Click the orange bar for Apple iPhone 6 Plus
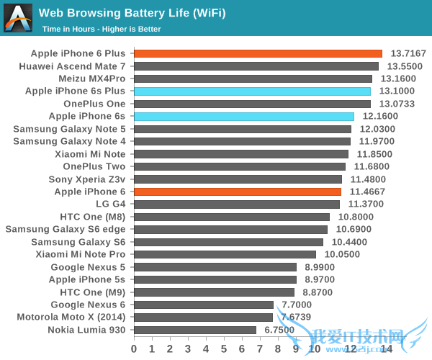[x=258, y=53]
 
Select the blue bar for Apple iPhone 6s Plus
[x=252, y=91]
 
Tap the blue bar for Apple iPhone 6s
[x=244, y=116]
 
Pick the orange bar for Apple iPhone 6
[x=238, y=192]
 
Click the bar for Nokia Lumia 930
[x=195, y=330]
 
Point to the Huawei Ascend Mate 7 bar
[x=256, y=66]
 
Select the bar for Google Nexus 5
[x=215, y=267]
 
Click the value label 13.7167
[x=408, y=53]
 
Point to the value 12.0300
[x=377, y=129]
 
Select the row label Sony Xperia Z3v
[x=86, y=179]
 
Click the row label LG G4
[x=108, y=204]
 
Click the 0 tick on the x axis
[x=134, y=348]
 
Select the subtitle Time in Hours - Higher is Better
[x=102, y=29]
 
